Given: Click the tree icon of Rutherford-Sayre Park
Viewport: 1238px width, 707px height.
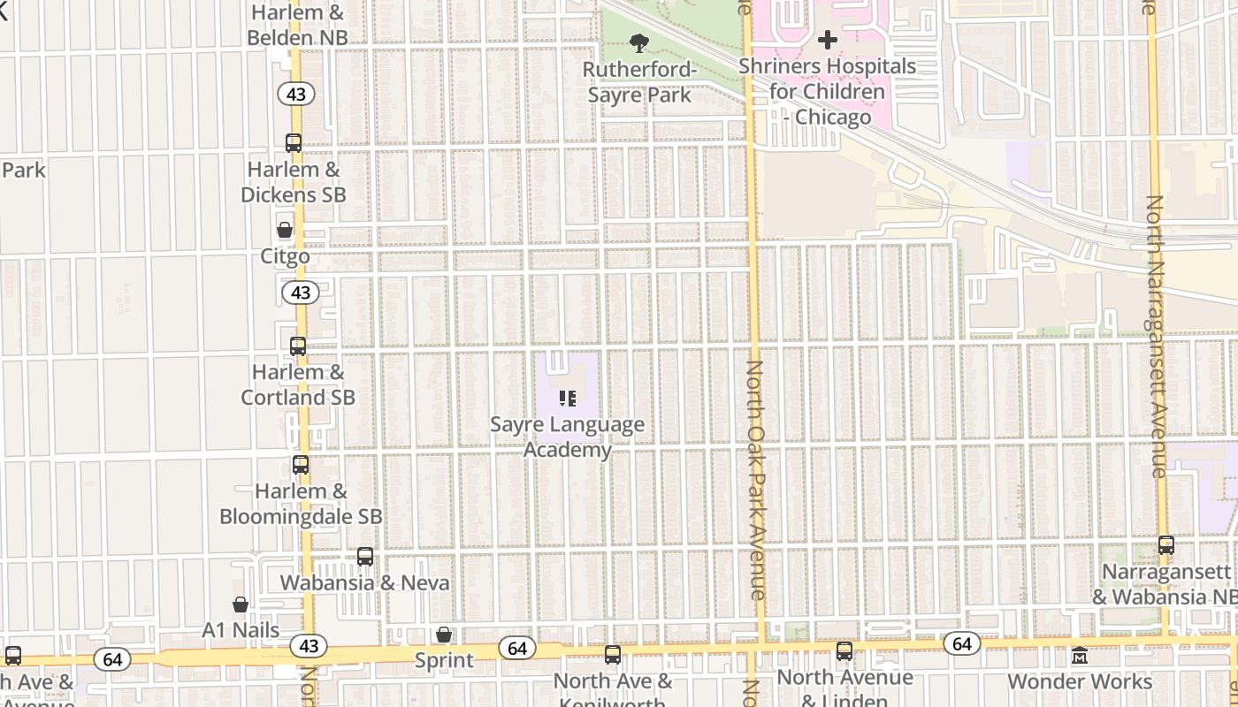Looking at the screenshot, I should (638, 42).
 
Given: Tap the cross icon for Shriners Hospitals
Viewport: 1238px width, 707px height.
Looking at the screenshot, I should (828, 40).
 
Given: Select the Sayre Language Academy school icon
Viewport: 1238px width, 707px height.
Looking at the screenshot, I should (568, 399).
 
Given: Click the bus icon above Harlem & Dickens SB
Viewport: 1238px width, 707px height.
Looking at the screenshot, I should (294, 142).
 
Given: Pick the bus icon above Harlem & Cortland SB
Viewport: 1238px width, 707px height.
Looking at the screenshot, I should (298, 346).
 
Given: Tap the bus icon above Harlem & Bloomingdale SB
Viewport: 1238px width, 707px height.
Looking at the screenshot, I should (301, 465).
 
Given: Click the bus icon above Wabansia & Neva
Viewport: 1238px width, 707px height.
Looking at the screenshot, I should (365, 557).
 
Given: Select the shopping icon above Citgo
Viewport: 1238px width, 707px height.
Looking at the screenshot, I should (285, 231).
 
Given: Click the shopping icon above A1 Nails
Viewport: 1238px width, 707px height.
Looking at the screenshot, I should (241, 604).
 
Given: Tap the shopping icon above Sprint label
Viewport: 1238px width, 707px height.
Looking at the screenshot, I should (444, 635).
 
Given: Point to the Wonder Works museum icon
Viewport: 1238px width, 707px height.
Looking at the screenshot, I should (1080, 657).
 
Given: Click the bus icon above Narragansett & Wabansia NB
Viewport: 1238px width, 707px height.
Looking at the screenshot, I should (1166, 545).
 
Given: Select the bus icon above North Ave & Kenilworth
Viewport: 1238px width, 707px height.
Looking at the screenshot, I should (613, 655).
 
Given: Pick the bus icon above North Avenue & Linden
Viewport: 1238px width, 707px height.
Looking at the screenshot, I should (844, 651).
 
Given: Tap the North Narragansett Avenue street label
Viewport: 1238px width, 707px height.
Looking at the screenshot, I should (1155, 336).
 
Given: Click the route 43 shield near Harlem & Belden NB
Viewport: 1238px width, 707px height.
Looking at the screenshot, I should (296, 93).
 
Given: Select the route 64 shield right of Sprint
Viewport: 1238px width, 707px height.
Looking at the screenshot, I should (516, 649).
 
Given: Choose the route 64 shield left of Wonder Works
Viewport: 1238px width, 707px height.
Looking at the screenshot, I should (962, 643).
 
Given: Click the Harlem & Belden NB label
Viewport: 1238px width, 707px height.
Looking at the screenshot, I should (297, 26).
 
